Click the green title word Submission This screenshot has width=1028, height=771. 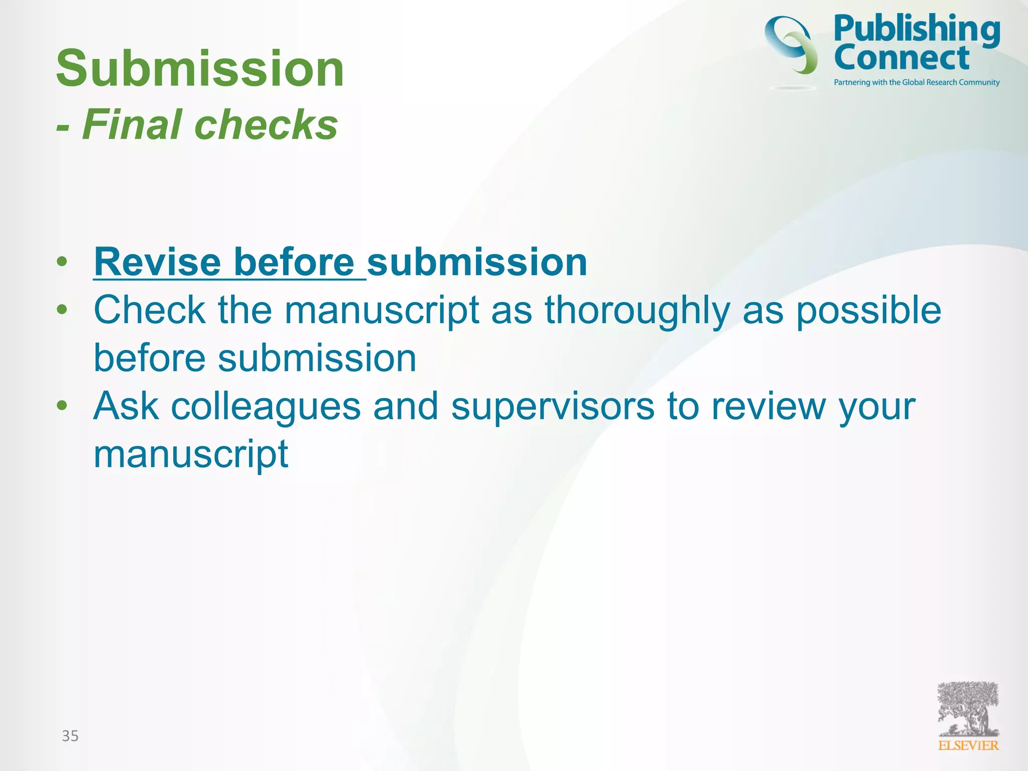pyautogui.click(x=200, y=68)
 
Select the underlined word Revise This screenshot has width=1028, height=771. pyautogui.click(x=157, y=262)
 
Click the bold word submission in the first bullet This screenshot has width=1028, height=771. pyautogui.click(x=477, y=262)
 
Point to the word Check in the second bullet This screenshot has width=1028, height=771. pyautogui.click(x=149, y=310)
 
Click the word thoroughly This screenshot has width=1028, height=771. pyautogui.click(x=637, y=311)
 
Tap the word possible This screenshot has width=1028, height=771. pyautogui.click(x=868, y=311)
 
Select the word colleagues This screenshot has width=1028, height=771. pyautogui.click(x=266, y=407)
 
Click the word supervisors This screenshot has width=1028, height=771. pyautogui.click(x=552, y=407)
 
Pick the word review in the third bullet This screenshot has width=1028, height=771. pyautogui.click(x=768, y=407)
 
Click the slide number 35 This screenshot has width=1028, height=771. pyautogui.click(x=70, y=736)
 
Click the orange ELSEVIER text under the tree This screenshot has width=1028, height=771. pyautogui.click(x=968, y=746)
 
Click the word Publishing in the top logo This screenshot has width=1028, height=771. pyautogui.click(x=917, y=29)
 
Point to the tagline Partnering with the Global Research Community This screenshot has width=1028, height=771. pyautogui.click(x=917, y=82)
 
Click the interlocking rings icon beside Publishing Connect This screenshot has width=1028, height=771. pyautogui.click(x=792, y=45)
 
